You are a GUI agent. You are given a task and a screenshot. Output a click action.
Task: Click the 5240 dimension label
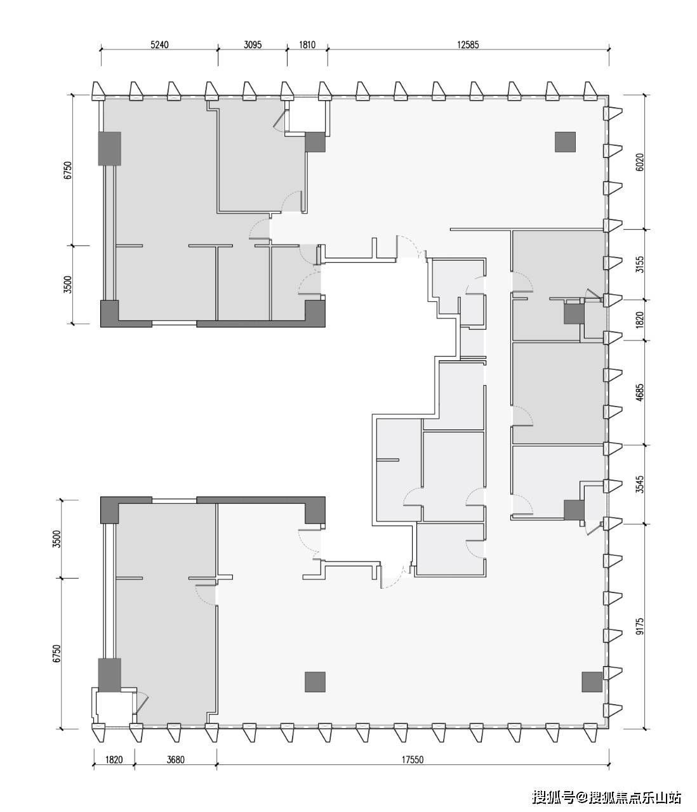click(159, 45)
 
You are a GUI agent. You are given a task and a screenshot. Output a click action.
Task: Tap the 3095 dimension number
click(253, 45)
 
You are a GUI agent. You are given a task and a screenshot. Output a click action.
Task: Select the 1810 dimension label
click(307, 45)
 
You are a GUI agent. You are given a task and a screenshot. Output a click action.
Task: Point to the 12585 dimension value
click(468, 45)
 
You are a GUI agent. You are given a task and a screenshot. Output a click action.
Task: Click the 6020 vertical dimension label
click(640, 162)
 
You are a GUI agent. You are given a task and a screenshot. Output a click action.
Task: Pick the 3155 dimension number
click(640, 265)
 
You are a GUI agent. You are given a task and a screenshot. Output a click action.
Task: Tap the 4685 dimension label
click(640, 393)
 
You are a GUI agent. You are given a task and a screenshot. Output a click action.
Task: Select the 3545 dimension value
click(640, 485)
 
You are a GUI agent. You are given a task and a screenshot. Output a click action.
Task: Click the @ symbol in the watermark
click(583, 797)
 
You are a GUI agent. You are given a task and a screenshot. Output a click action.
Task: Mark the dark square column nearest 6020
click(565, 142)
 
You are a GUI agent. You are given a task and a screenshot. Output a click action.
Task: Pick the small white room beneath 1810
click(308, 116)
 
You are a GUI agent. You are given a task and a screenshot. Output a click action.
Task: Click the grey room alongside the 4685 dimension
click(559, 393)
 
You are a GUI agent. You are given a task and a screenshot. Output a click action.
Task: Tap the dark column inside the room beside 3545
click(574, 510)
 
